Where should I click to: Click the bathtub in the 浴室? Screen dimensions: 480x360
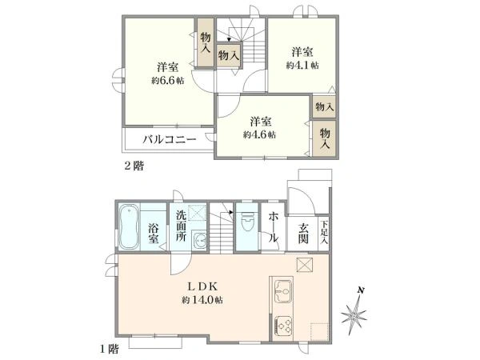(129, 227)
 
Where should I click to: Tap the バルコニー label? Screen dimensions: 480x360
(170, 140)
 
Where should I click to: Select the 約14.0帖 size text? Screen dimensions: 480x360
(202, 300)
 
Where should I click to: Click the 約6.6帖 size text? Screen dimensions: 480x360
(168, 81)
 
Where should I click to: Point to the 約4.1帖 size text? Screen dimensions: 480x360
(302, 66)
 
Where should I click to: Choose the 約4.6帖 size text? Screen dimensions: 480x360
(259, 134)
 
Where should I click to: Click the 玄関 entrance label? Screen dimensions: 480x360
(303, 233)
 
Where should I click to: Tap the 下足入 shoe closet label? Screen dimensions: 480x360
(324, 232)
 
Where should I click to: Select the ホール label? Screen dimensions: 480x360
(274, 227)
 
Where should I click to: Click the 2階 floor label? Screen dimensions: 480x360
(134, 166)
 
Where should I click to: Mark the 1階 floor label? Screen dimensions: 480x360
(110, 349)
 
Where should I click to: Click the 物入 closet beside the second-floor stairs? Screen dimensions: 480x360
(228, 55)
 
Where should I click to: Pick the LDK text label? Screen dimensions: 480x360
(202, 287)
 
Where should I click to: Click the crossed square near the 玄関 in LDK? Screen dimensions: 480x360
(305, 265)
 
